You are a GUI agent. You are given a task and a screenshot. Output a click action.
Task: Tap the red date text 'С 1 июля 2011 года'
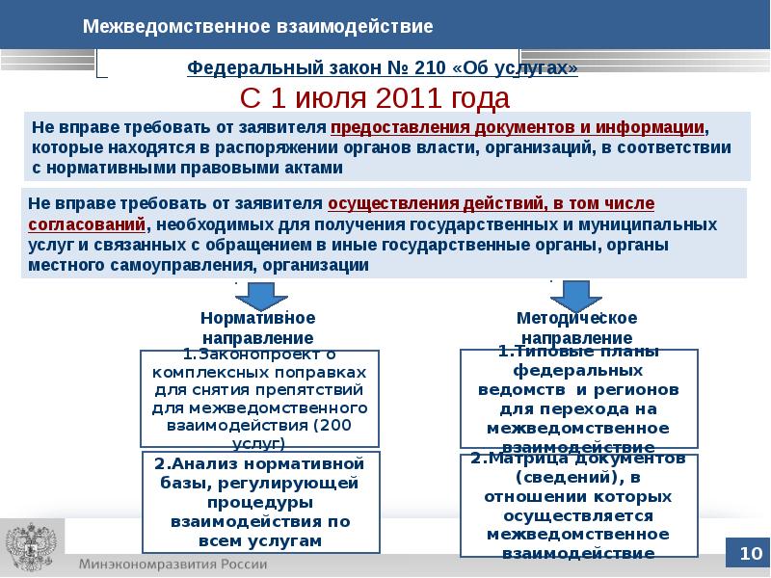[374, 98]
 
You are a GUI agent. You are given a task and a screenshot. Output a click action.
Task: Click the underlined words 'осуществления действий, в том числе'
[492, 204]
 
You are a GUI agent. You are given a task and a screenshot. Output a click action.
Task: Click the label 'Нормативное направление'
[257, 328]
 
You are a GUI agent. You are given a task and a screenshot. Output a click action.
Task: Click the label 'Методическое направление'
[577, 328]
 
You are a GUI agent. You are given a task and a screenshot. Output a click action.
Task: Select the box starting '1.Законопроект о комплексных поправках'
[258, 398]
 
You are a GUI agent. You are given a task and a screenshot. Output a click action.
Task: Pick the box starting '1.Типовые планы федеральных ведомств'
[579, 399]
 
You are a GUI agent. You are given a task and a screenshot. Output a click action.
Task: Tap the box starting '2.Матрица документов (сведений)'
[579, 505]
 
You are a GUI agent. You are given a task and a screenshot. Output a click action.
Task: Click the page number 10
[750, 553]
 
